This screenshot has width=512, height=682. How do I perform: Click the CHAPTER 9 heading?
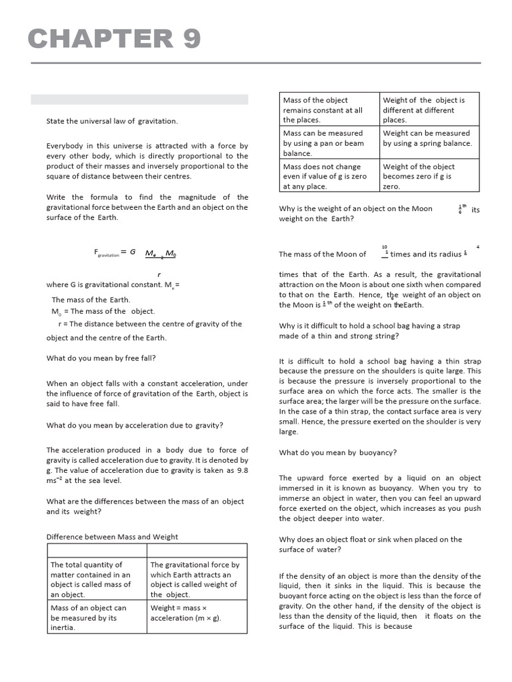click(114, 40)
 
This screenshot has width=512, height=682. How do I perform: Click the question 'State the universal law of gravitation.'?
click(111, 121)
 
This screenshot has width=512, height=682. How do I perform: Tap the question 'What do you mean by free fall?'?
click(101, 358)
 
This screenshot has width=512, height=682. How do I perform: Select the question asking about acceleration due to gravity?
click(135, 425)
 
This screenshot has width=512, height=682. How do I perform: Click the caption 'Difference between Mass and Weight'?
click(112, 536)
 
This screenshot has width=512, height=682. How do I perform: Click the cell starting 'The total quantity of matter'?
click(97, 579)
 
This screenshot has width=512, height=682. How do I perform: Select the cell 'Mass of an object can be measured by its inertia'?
click(97, 617)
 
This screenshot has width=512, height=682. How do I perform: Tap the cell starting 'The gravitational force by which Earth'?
click(197, 579)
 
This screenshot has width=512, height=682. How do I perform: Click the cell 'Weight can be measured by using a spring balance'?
click(429, 139)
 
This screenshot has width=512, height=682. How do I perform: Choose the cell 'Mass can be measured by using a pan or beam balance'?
click(329, 143)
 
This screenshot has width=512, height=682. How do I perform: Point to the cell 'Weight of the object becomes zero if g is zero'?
click(429, 176)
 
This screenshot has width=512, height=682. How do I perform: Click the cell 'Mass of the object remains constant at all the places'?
click(329, 110)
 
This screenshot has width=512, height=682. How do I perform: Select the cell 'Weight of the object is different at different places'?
click(429, 110)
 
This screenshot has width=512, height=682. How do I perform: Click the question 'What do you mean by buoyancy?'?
click(337, 452)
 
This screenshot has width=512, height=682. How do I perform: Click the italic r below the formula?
click(159, 274)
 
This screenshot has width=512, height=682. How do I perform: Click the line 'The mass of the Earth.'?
click(91, 300)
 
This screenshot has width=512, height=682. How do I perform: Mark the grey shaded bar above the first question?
click(139, 99)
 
